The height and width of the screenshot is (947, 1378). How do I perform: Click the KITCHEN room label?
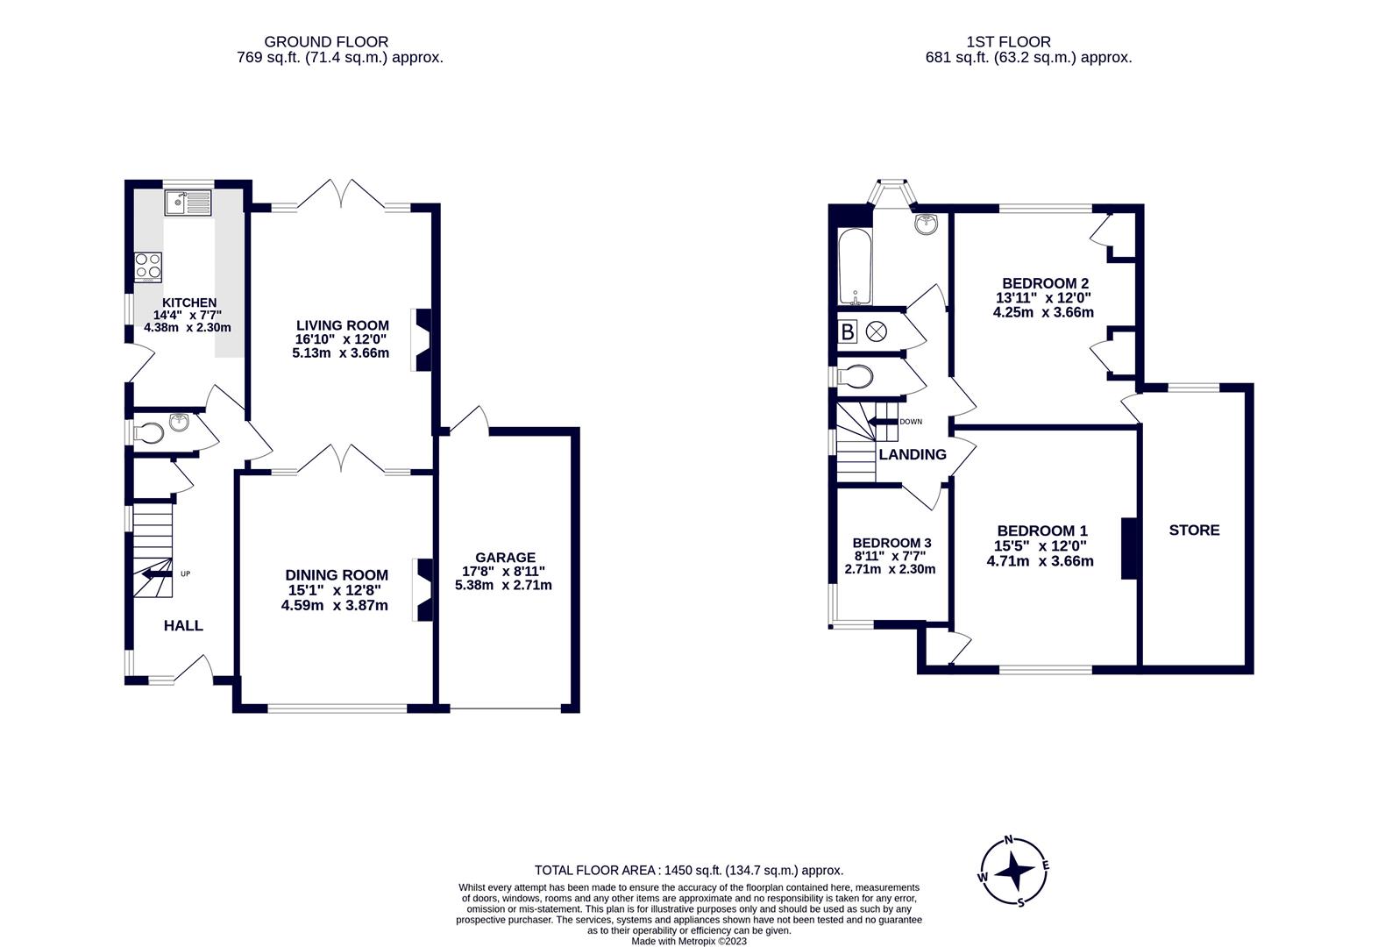click(188, 303)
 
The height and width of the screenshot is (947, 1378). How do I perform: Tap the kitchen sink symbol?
click(188, 203)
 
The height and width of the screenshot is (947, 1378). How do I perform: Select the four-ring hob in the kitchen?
click(147, 267)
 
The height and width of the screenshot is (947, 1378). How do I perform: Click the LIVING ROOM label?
click(342, 325)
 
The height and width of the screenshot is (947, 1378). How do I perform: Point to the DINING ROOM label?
click(337, 575)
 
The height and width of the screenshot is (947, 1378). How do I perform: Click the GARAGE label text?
click(505, 558)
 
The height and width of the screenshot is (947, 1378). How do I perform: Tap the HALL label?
click(183, 626)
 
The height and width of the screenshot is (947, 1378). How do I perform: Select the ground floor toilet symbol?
click(151, 432)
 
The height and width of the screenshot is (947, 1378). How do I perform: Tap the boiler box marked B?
click(848, 332)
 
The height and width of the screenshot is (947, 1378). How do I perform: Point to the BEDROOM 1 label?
click(1041, 531)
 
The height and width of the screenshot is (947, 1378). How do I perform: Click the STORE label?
click(1194, 530)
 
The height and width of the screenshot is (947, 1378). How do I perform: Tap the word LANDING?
click(913, 455)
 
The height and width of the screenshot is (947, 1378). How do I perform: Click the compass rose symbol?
click(1012, 872)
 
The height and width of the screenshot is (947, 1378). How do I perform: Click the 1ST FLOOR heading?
click(1008, 41)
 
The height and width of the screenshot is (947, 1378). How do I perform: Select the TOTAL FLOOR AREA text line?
click(689, 871)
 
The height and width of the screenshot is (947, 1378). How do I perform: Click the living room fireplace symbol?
click(422, 339)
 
